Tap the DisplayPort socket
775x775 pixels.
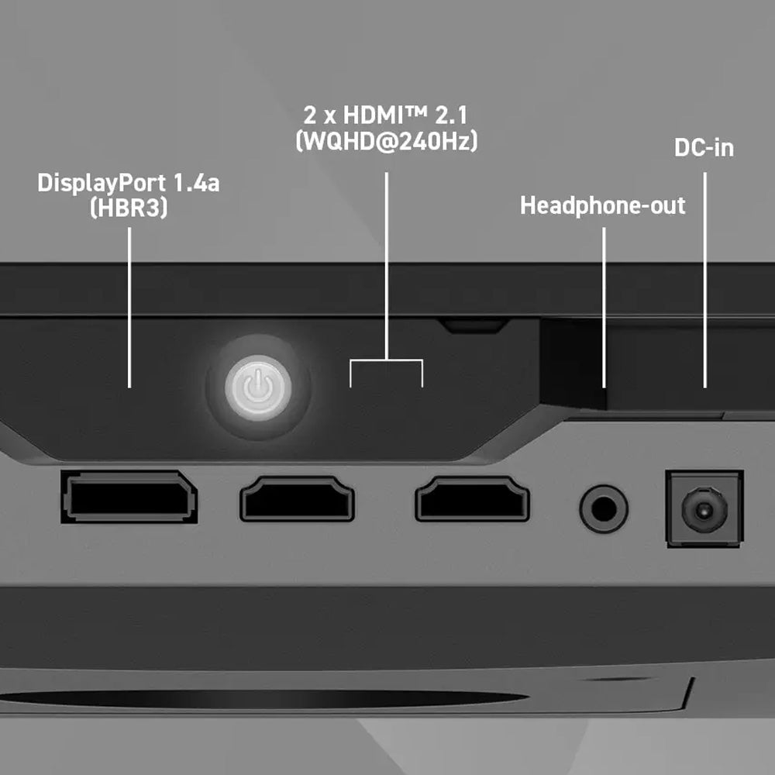[x=129, y=497]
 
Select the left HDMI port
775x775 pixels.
[x=297, y=498]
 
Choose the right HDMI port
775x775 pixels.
[x=473, y=498]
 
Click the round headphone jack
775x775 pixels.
[x=604, y=508]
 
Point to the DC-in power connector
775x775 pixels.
[x=704, y=508]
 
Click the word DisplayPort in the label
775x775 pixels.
[x=102, y=184]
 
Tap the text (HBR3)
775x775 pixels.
[x=129, y=208]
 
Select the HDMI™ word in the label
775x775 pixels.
[x=384, y=115]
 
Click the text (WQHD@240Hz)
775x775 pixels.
[x=387, y=141]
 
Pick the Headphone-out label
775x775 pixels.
[x=602, y=205]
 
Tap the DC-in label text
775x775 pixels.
[x=704, y=148]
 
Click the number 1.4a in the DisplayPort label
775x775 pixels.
[x=196, y=184]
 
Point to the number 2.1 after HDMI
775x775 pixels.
[x=451, y=115]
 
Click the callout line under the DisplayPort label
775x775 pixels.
[x=129, y=308]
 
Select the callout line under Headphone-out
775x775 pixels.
[x=604, y=308]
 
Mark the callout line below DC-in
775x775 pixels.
[x=704, y=280]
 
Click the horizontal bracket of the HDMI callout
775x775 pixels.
[x=387, y=360]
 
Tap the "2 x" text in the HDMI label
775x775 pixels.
[x=320, y=115]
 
